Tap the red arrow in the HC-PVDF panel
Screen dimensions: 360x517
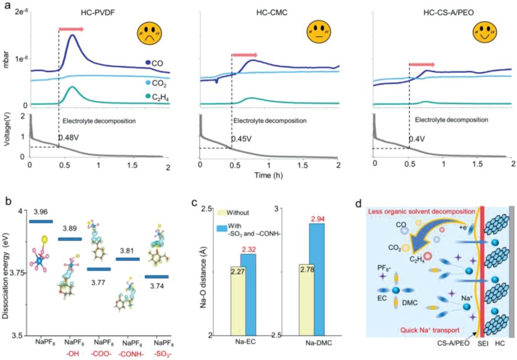point(71,29)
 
